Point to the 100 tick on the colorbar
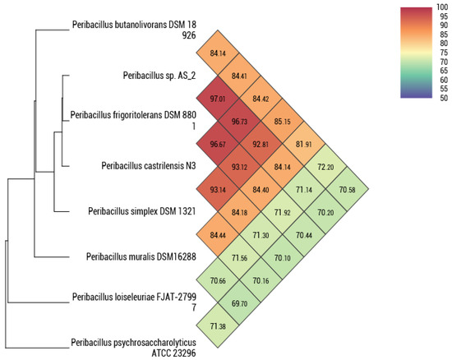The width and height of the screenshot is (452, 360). [x=442, y=7]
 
